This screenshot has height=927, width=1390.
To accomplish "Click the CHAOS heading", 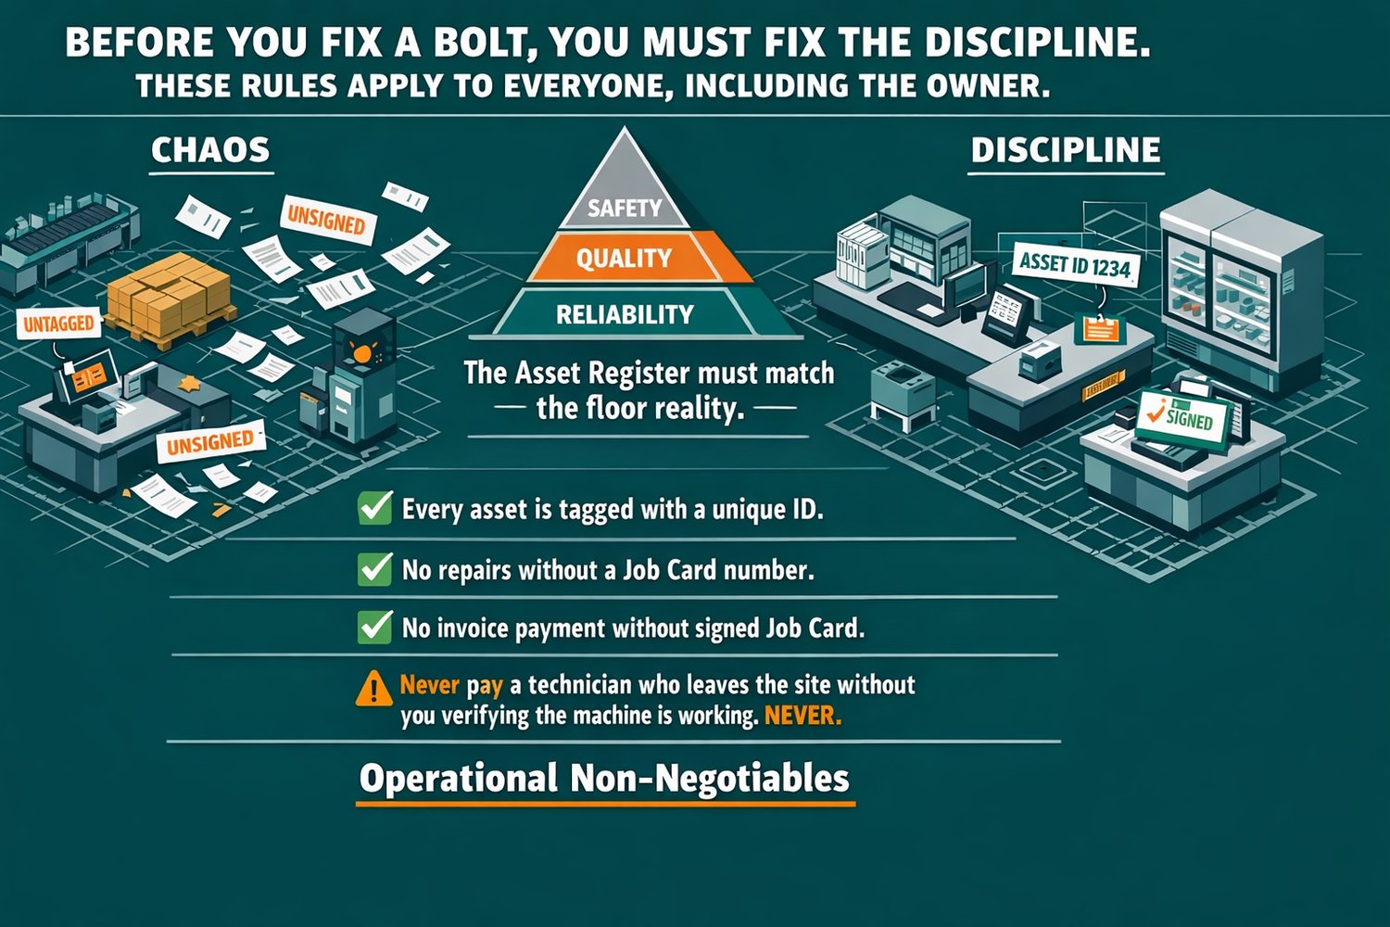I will coord(210,150).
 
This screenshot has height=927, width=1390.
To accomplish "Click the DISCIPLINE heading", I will coord(1065,150).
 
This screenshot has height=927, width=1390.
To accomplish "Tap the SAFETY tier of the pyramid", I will coord(625,208).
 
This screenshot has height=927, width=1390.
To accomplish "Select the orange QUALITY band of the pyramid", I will coord(624,258).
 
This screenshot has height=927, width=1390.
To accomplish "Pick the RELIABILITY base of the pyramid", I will coord(625,314).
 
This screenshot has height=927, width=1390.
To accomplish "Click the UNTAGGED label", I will coord(58,324).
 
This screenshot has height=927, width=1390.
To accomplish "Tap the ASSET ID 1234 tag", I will coord(1075,265).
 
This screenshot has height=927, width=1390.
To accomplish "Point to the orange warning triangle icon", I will coord(373,689).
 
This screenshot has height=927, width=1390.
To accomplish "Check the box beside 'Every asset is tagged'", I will coord(374,509).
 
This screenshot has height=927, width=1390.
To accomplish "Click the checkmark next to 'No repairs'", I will coord(374,568).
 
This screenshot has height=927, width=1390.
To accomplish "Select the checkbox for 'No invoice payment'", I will coord(374,628).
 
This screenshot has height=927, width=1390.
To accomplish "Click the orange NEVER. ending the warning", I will coord(802,716).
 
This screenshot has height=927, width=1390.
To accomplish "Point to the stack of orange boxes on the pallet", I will coord(169,294).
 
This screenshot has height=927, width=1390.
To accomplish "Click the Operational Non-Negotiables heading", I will coord(604,778).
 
